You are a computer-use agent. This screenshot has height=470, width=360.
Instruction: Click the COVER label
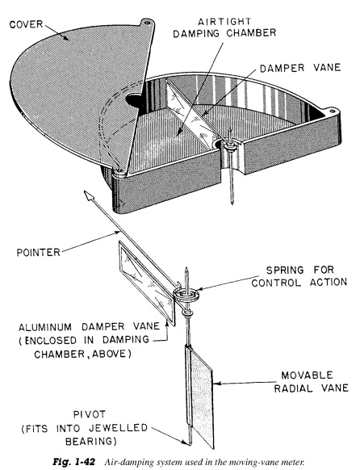tap(26, 24)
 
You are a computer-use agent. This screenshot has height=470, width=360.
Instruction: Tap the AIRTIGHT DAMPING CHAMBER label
tap(224, 27)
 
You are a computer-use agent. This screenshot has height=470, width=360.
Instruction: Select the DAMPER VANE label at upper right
tap(300, 68)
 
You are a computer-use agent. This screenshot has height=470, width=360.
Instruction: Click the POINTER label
tap(38, 253)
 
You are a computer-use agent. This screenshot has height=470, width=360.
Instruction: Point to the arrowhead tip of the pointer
tap(85, 191)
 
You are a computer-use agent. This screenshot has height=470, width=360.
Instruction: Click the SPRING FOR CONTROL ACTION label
tap(299, 276)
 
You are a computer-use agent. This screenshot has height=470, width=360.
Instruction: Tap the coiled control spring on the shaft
tap(186, 294)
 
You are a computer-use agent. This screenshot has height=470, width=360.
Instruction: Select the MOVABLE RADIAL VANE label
tap(312, 382)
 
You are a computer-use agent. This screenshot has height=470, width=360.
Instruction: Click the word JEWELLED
tap(122, 428)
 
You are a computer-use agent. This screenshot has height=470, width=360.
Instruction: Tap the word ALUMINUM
tap(45, 327)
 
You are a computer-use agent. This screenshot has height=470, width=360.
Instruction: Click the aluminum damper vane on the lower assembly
tap(147, 283)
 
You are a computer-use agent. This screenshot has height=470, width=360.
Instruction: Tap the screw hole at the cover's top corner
tap(147, 22)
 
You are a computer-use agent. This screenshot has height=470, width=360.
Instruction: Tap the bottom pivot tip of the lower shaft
tap(190, 443)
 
